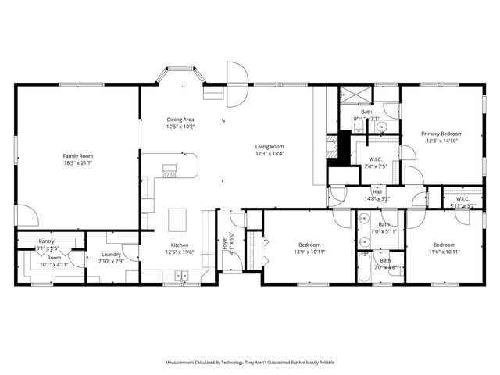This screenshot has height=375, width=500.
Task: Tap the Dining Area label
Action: click(x=180, y=120)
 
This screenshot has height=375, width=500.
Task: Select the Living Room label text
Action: click(x=270, y=147)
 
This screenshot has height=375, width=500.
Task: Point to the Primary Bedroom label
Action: click(x=442, y=134)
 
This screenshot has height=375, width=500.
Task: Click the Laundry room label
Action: click(x=110, y=254)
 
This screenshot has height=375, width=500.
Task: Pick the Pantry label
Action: click(x=46, y=241)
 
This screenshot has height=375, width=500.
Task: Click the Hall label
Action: click(x=377, y=191)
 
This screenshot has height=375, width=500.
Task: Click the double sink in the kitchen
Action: click(x=181, y=275)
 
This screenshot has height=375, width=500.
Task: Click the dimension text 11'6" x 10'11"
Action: click(x=444, y=252)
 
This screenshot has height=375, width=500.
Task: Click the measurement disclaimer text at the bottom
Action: click(x=249, y=362)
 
